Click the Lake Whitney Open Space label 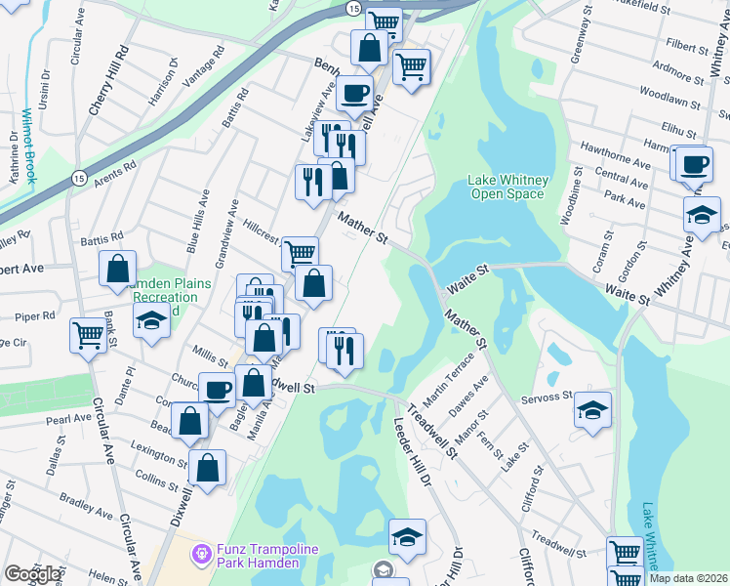508,187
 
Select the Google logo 32,573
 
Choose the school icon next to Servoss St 591,410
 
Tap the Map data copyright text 688,578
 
